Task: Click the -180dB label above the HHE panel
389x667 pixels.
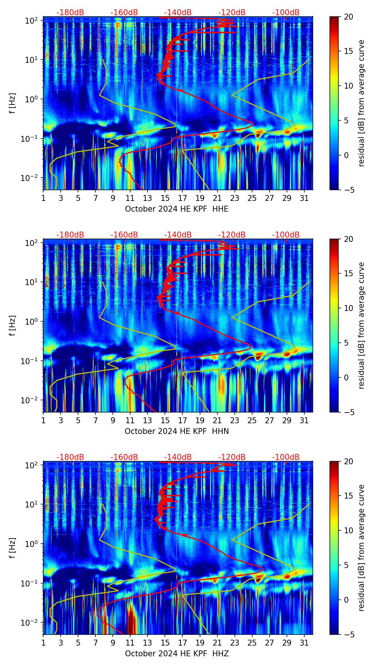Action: point(70,13)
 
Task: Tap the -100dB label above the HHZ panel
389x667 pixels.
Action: point(286,457)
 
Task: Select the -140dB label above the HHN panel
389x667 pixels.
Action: point(178,235)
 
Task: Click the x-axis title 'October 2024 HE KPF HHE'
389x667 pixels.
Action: point(176,209)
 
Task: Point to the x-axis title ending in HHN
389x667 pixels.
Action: point(176,431)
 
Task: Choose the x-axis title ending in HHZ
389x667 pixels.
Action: point(176,654)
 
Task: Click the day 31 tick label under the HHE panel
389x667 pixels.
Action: point(304,198)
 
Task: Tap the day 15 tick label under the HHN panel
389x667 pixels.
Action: point(165,421)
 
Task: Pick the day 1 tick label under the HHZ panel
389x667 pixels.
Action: point(44,643)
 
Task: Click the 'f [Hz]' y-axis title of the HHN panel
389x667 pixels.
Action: point(13,325)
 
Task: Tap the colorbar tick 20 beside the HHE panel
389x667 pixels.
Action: point(349,17)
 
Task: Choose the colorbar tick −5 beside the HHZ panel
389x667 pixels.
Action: point(349,634)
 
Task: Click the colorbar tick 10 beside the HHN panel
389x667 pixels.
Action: point(349,308)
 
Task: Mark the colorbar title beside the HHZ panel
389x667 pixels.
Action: point(361,548)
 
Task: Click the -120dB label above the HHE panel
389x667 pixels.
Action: point(232,13)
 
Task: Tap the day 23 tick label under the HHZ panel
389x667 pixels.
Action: point(235,643)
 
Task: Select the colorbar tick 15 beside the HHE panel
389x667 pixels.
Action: point(349,51)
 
